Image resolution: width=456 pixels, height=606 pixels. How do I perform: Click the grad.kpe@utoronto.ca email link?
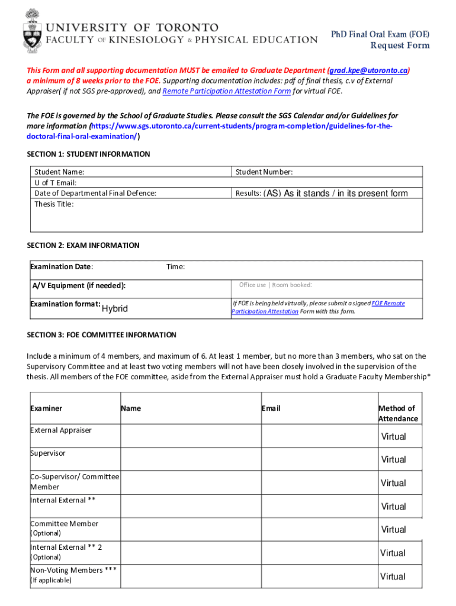click(368, 70)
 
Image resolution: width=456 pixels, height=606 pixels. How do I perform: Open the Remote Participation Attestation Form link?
click(226, 91)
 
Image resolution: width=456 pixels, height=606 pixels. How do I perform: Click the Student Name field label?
click(59, 172)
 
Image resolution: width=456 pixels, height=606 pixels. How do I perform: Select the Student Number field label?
click(264, 172)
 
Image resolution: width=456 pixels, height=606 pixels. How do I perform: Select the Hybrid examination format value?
click(115, 309)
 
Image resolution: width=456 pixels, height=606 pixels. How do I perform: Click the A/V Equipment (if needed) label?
click(79, 286)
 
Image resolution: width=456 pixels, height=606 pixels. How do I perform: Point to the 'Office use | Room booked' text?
click(275, 285)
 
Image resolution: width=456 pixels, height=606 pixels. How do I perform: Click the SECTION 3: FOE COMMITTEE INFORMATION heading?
click(101, 335)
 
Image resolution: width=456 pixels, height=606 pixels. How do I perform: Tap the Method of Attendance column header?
click(398, 414)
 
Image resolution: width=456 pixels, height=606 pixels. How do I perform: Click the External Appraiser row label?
click(61, 430)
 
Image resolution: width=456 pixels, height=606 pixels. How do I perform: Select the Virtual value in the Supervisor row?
click(393, 460)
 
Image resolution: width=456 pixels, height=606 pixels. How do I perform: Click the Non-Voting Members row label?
click(73, 570)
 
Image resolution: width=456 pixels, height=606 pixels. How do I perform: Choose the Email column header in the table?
click(271, 408)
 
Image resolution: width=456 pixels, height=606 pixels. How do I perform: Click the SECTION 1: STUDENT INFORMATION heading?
click(88, 154)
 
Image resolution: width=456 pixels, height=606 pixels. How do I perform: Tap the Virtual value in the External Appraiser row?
click(393, 437)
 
